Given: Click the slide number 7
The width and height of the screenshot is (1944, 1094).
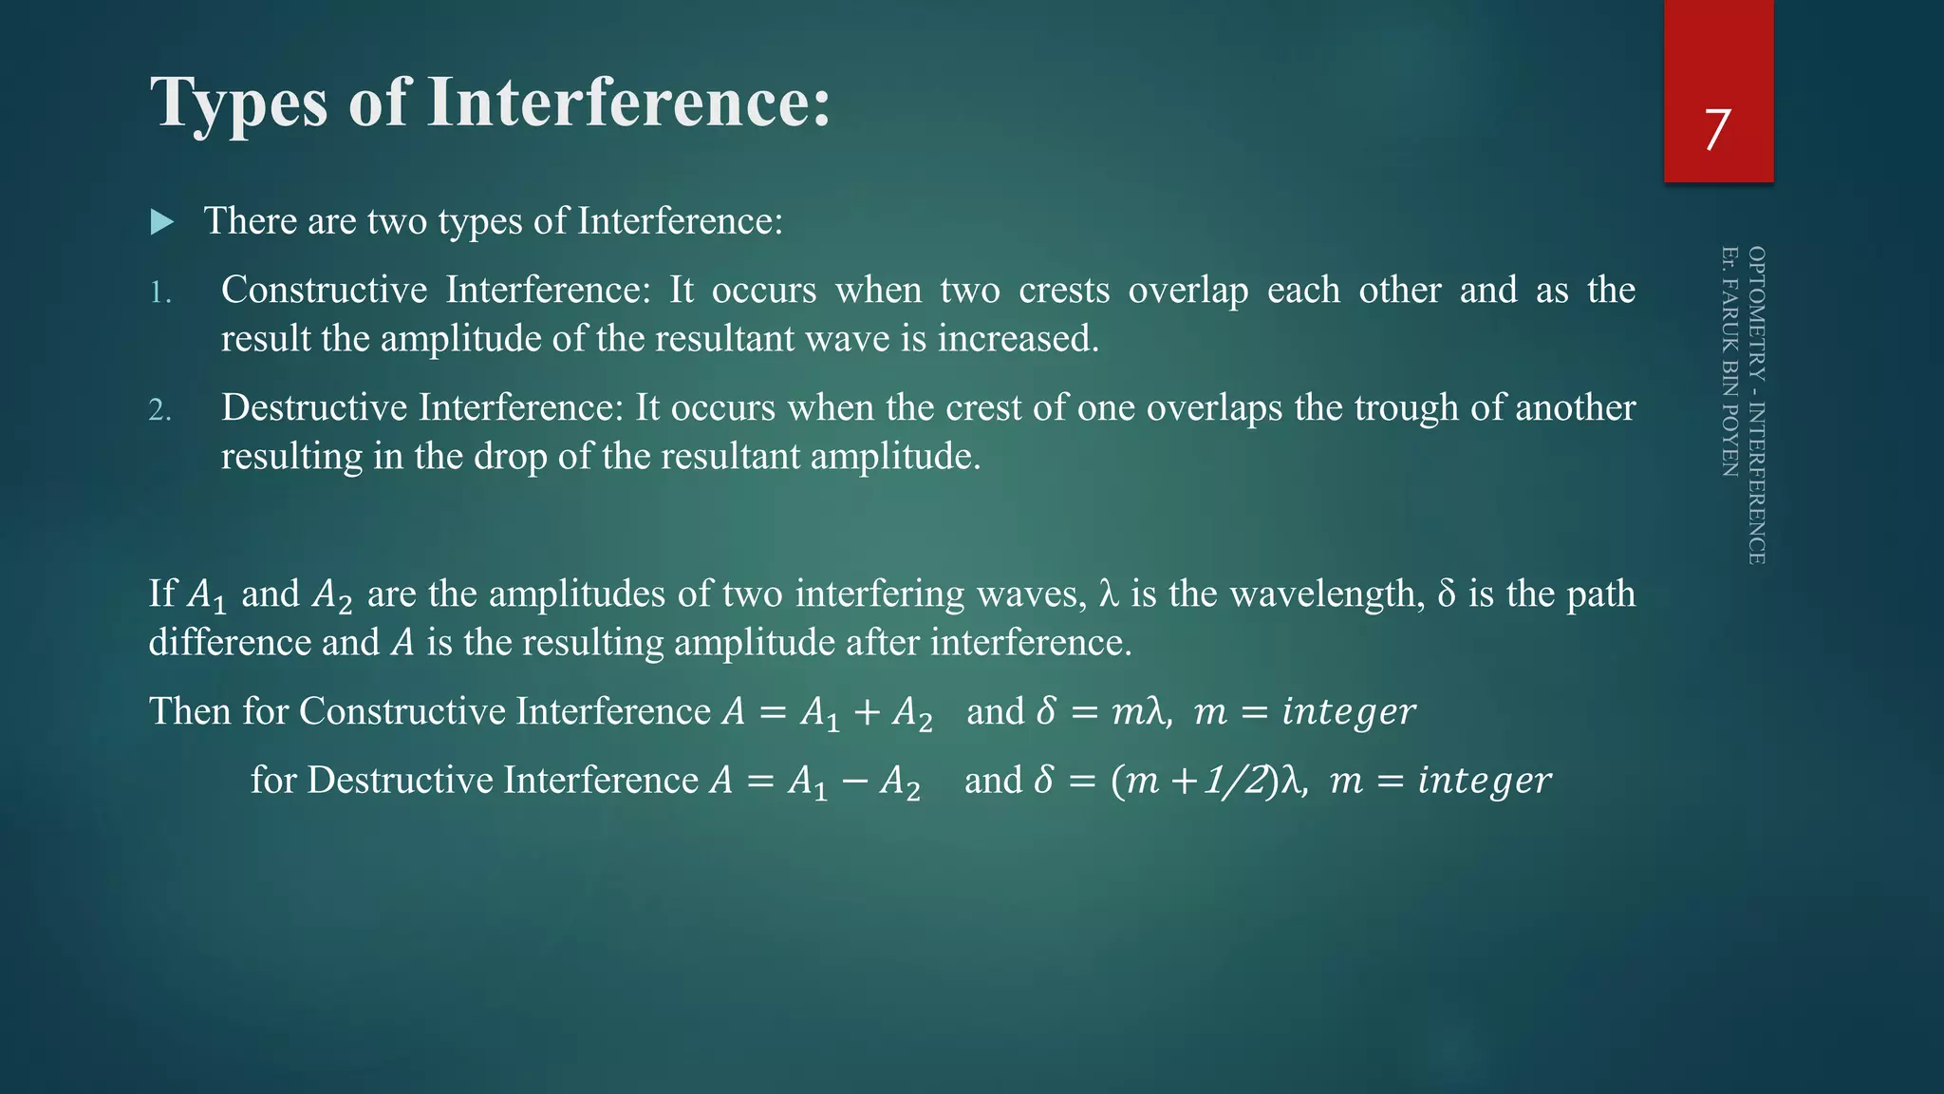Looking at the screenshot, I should (1717, 130).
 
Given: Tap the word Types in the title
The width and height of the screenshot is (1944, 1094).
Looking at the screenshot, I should (239, 103).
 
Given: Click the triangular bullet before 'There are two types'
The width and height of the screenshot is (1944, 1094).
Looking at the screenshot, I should (162, 223).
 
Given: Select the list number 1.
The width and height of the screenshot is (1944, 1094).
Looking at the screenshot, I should (160, 292).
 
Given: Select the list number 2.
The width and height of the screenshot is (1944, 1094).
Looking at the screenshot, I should (160, 410).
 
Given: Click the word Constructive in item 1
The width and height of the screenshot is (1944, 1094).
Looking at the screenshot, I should (324, 290).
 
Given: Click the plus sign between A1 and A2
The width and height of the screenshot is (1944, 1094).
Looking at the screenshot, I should (867, 712).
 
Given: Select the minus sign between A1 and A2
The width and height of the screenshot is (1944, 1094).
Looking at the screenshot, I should (853, 781).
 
